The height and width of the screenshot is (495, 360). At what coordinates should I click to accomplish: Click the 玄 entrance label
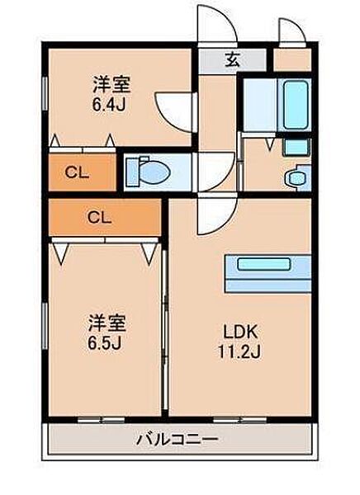pos(232,59)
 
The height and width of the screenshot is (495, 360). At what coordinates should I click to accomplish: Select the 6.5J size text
pos(105,343)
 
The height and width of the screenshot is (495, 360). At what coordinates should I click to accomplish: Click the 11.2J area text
pos(240,351)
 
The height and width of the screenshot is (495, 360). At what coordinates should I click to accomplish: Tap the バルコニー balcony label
pos(178,439)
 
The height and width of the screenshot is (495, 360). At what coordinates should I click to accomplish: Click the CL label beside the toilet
pos(77,172)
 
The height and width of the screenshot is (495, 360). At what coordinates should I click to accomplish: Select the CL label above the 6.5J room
pos(99,217)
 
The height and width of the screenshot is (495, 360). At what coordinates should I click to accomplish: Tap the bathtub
pos(296,104)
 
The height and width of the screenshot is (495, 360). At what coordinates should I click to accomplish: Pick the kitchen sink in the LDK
pos(264,264)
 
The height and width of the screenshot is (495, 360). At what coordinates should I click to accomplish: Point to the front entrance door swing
pos(217,25)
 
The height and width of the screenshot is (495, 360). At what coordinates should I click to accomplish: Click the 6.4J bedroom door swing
pos(175,111)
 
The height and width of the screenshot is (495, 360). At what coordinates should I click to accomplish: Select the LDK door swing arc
pos(217,214)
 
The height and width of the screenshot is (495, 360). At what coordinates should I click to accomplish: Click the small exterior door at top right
pos(291,31)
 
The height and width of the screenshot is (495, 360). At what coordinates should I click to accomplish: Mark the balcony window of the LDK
pos(240,420)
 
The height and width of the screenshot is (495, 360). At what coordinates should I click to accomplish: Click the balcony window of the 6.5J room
pos(102,420)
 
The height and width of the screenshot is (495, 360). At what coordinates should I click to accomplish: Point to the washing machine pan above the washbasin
pos(296,147)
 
